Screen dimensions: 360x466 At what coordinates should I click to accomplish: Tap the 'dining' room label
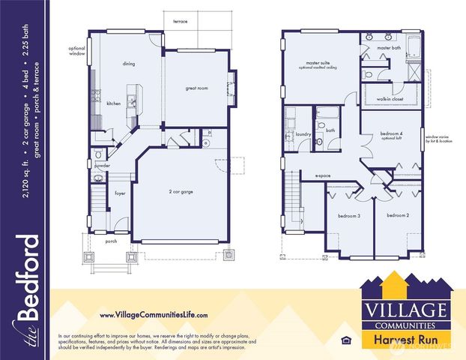tap(129, 64)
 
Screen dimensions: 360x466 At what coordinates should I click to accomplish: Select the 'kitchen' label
tap(113, 103)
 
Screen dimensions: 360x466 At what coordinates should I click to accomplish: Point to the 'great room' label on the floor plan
tap(196, 88)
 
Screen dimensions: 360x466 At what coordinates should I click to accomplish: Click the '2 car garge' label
tap(181, 192)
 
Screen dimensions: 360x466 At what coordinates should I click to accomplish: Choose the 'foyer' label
tap(120, 193)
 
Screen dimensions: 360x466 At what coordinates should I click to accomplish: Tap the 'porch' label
tap(111, 241)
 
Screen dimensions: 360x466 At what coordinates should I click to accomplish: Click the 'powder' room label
tap(103, 166)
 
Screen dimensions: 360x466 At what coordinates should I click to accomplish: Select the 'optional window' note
tap(78, 51)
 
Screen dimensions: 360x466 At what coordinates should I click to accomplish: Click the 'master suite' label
tap(318, 64)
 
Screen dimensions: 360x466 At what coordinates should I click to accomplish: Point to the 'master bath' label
tap(389, 48)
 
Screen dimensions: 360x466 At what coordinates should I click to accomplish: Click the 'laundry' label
tap(303, 135)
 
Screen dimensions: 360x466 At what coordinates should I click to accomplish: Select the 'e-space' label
tap(322, 176)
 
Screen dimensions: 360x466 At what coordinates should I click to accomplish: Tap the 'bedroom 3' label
tap(348, 216)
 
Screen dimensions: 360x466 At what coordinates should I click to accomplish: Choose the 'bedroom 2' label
tap(397, 216)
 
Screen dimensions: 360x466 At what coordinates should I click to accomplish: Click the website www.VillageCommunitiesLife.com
tap(154, 315)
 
